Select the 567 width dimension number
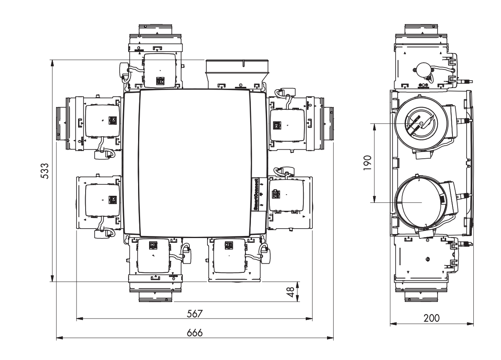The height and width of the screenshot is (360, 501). pos(194,313)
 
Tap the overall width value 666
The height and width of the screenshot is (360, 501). pos(194,333)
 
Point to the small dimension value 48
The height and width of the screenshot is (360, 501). pos(290,292)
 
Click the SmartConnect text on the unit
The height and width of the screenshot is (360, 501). pos(255,195)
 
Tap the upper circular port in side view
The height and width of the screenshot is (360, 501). pos(421,123)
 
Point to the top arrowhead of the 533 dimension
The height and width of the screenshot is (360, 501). pos(52,63)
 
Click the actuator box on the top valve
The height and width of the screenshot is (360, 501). pos(160,70)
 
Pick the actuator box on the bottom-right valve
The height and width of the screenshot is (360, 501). pos(229,255)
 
